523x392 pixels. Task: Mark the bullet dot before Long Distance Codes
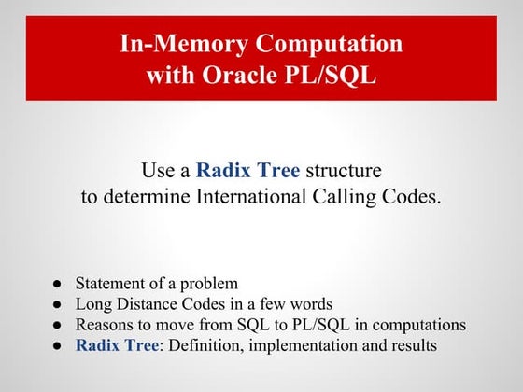click(x=57, y=304)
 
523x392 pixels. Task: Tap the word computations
click(x=417, y=325)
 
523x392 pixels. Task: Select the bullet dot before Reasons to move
click(x=57, y=325)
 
